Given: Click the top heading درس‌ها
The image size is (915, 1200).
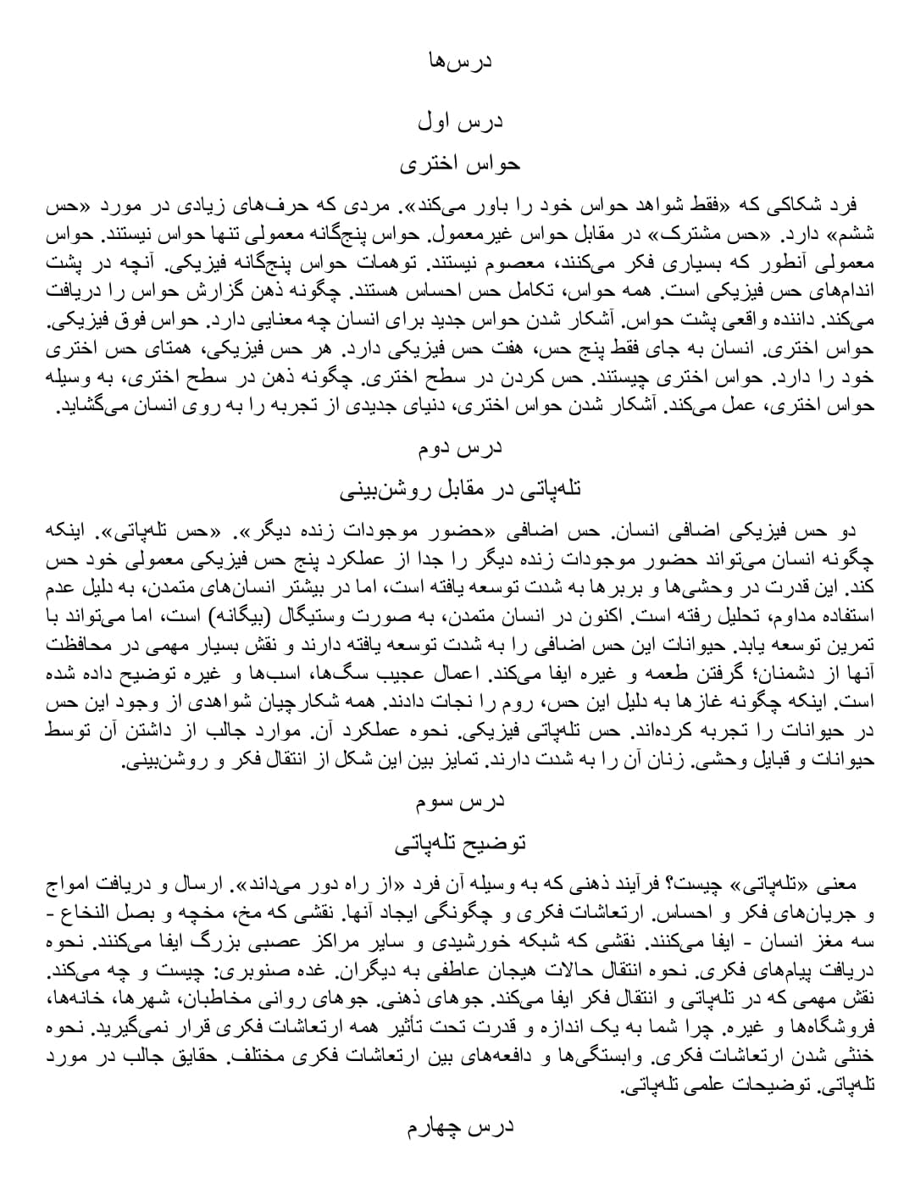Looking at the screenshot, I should point(459,61).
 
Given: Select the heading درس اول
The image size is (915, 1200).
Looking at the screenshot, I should point(459,122).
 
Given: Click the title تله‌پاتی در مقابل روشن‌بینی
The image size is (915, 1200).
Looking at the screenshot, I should point(459,489).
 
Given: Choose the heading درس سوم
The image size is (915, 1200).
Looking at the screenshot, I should point(459,800).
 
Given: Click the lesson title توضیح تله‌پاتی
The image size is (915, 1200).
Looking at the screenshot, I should point(459,842).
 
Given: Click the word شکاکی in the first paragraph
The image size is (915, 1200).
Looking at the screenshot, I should point(778,206).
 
